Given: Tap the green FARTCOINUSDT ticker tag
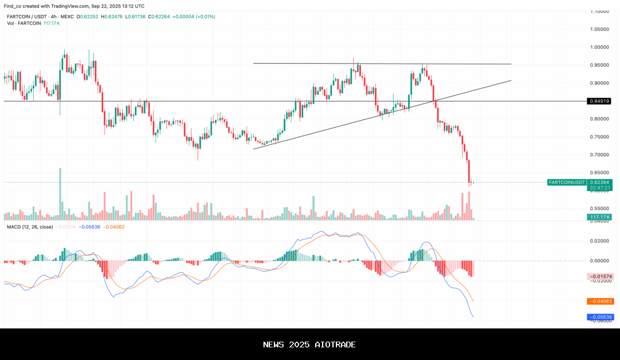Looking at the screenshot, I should tap(567, 182).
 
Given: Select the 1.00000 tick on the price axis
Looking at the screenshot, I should tap(600, 47).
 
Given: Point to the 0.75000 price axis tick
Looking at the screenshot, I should tap(600, 137).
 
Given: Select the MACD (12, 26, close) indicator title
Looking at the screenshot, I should tap(30, 227).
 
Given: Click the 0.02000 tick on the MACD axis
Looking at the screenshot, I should tap(600, 241).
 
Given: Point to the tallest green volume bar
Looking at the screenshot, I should tap(60, 194).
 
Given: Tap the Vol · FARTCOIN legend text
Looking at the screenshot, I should tap(24, 23).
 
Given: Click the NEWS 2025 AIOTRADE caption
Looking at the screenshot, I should tap(309, 344).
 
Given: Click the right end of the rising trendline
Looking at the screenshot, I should tap(510, 81).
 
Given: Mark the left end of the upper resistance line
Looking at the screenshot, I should tap(254, 63).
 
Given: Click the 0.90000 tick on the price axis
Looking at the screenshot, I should tap(600, 83).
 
